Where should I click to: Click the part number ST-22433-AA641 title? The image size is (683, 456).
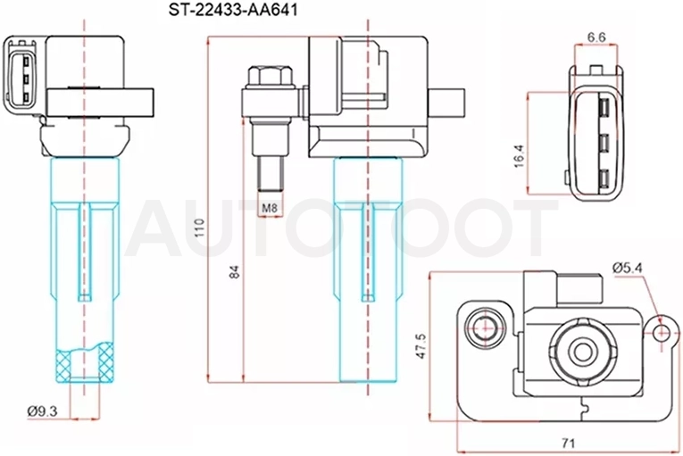(x=233, y=10)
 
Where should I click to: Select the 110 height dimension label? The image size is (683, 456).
(x=199, y=228)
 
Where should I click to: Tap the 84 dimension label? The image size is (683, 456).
(x=234, y=272)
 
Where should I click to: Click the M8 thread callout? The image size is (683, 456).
(x=270, y=208)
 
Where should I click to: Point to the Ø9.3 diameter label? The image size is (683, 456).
(x=42, y=410)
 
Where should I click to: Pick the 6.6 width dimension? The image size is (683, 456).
(x=596, y=37)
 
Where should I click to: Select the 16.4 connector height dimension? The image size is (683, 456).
(x=520, y=156)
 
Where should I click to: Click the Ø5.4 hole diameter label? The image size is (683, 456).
(x=628, y=268)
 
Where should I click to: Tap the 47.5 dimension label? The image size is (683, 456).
(x=421, y=346)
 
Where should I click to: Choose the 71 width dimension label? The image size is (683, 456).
(x=568, y=444)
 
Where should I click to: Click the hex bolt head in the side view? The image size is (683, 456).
(x=270, y=77)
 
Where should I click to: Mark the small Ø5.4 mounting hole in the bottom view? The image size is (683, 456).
(x=662, y=333)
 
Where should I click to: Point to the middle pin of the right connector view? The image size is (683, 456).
(x=604, y=144)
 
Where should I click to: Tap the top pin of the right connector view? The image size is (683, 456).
(x=604, y=107)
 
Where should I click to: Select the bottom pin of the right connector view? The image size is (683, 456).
(x=604, y=179)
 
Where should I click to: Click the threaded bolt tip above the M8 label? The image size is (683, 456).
(x=270, y=174)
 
